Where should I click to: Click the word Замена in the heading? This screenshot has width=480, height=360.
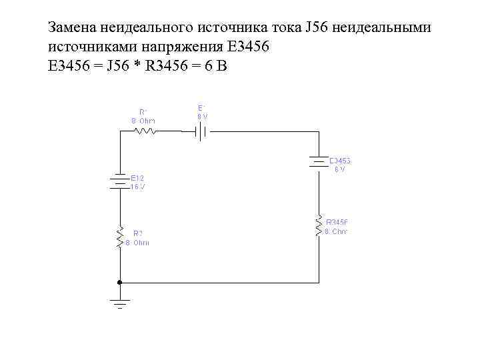click(x=73, y=28)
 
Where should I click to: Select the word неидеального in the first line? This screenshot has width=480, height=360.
click(x=146, y=28)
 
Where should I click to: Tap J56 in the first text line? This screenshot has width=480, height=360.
click(x=317, y=28)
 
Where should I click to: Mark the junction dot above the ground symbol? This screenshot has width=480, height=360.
click(x=120, y=281)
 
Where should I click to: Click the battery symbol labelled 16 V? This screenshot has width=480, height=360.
click(x=120, y=182)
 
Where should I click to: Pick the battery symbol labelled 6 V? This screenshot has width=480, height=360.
click(x=320, y=161)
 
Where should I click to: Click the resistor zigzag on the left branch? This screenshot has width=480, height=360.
click(x=120, y=237)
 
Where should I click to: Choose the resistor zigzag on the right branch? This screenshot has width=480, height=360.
click(x=320, y=226)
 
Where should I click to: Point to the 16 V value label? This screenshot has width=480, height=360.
click(x=138, y=187)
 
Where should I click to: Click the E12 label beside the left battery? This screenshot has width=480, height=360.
click(x=137, y=179)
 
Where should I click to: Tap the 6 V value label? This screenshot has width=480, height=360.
click(x=340, y=169)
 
